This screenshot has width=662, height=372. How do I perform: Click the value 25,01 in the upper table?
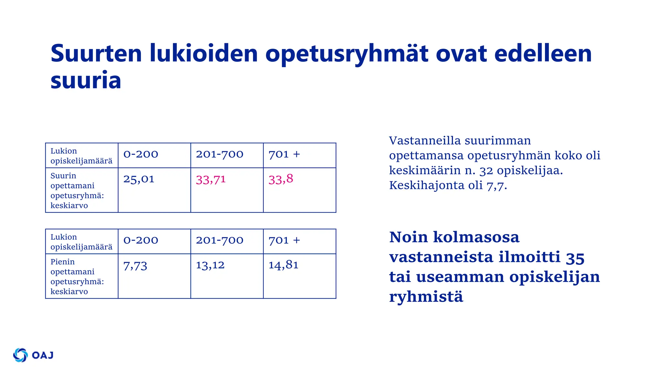(139, 179)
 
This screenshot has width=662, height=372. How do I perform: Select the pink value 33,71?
(211, 180)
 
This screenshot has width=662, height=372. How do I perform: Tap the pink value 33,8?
(281, 179)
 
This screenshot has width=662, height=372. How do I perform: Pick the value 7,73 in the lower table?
(135, 266)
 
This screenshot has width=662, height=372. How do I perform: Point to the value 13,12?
(210, 265)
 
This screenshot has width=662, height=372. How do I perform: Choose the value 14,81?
(283, 265)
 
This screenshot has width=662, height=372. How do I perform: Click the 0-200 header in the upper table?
(141, 154)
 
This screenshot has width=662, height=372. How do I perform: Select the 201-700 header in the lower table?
(219, 240)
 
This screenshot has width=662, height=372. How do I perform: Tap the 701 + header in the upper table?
(284, 154)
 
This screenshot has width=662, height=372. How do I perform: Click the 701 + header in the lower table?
(284, 240)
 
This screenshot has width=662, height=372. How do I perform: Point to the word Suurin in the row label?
(63, 176)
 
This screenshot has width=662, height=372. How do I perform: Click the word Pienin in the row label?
(62, 262)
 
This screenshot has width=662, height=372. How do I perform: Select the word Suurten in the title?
(96, 53)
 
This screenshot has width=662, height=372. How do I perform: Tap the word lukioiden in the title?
(204, 53)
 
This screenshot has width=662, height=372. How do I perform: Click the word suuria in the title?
(86, 80)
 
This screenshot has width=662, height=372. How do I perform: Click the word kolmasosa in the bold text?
(476, 237)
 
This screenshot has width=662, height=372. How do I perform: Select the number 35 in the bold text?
(575, 258)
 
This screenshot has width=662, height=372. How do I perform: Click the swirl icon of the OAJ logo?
(20, 355)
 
